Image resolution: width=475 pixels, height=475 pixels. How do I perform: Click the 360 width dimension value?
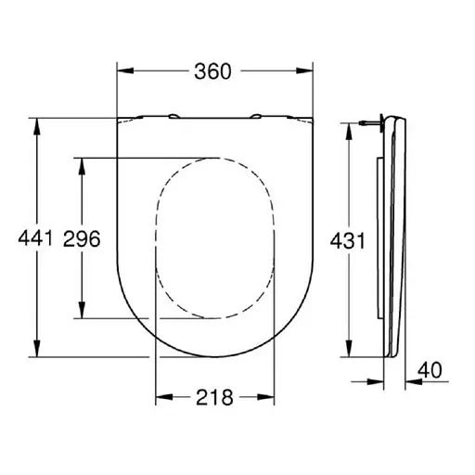click(x=215, y=71)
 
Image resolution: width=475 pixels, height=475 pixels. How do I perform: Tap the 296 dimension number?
click(x=82, y=238)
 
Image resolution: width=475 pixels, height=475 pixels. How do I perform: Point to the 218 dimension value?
click(x=215, y=396)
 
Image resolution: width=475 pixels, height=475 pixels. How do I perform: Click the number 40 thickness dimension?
click(x=430, y=369)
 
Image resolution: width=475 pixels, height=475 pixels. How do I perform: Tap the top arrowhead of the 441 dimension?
click(x=37, y=123)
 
